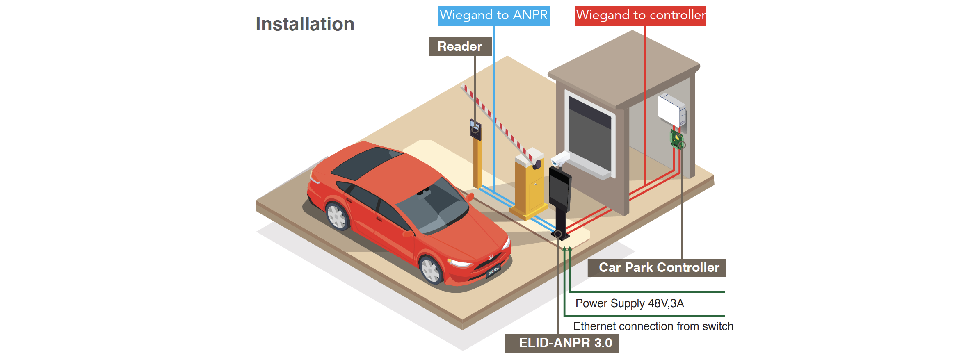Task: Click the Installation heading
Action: coord(305,24)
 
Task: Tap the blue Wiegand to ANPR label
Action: coord(494,16)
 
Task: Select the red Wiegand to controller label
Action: coord(640,16)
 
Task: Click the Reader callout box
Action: coord(460,46)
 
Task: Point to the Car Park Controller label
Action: coord(657,268)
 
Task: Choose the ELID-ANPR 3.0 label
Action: coord(562,343)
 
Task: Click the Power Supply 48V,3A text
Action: coord(629,303)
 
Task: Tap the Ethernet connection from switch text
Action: coord(653,326)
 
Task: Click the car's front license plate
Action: coord(493,271)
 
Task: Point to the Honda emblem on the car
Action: coord(491,257)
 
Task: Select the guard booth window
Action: coord(589,134)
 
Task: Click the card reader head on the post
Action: coord(475,128)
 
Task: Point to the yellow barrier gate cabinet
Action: coord(529,187)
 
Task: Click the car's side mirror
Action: coord(470,197)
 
